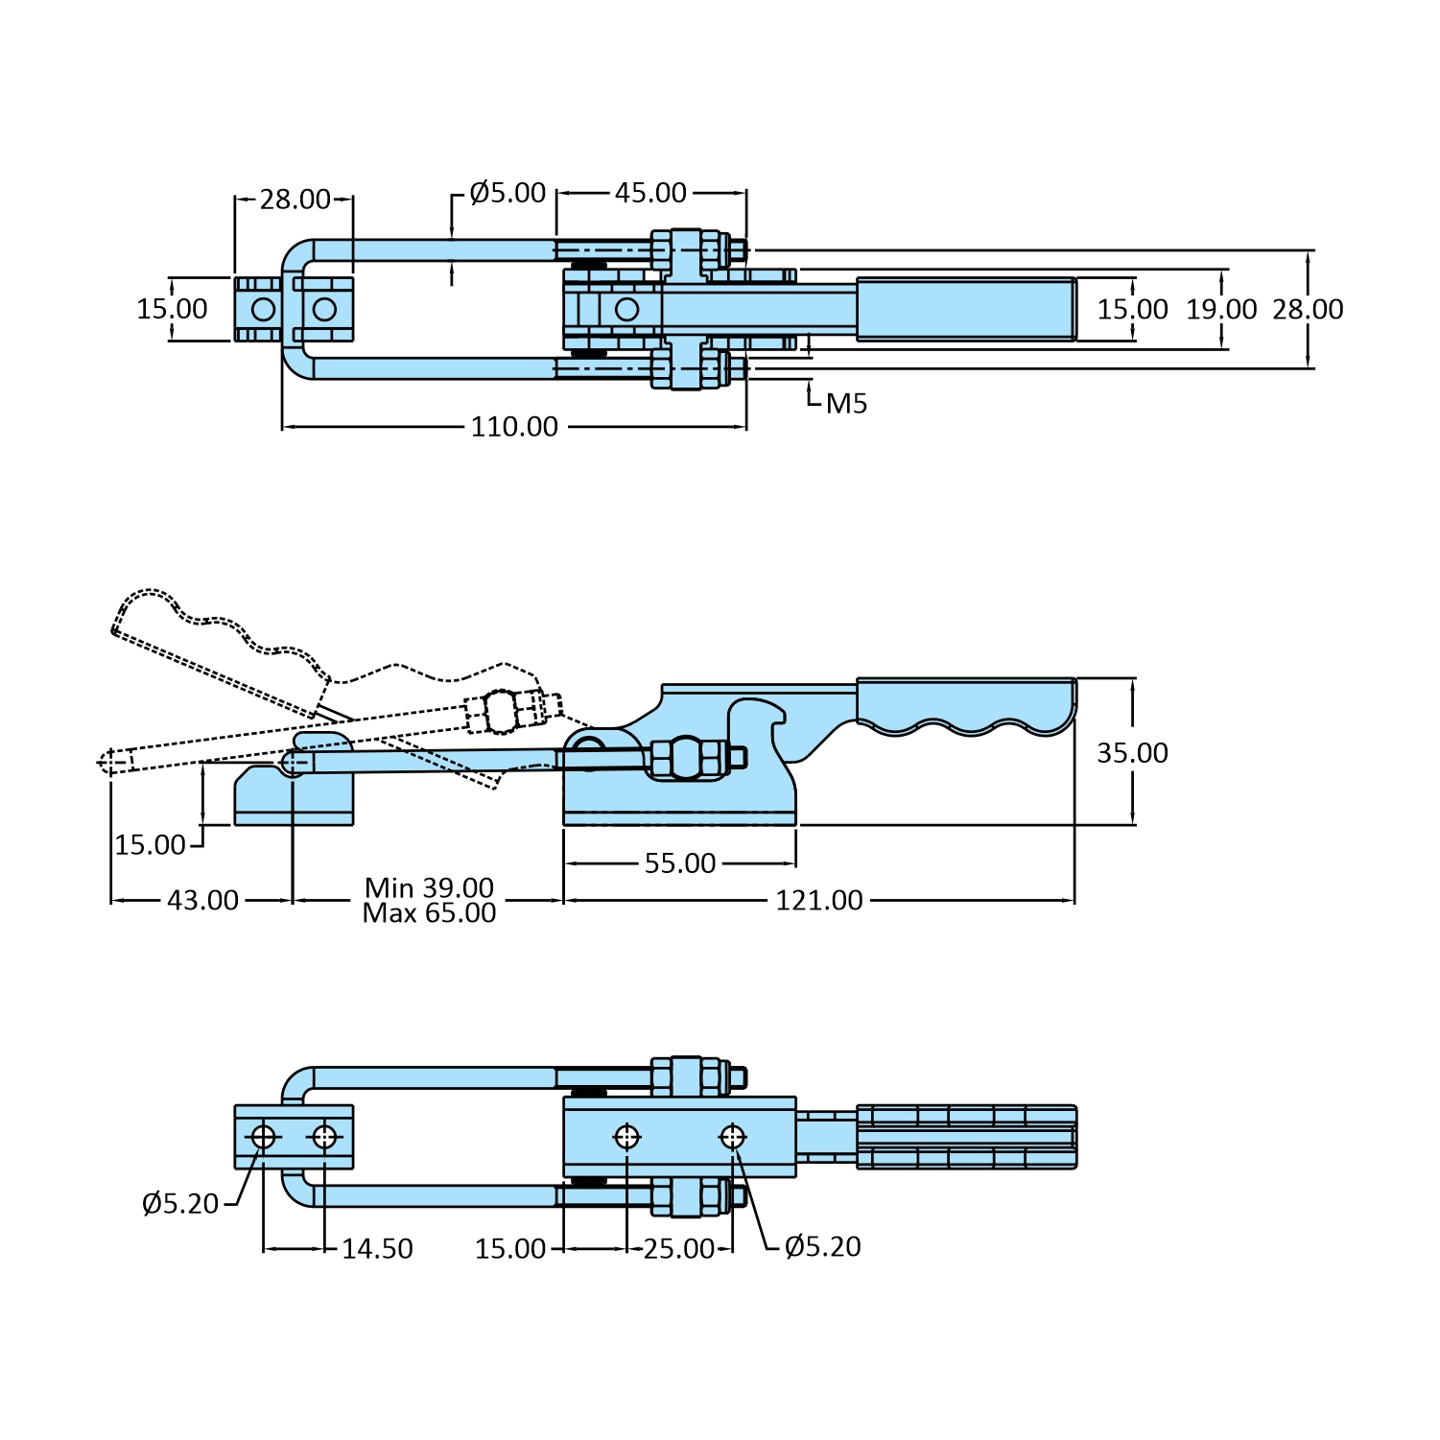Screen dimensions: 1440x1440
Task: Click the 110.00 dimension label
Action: [514, 427]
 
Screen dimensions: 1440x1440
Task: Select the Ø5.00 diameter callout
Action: [508, 193]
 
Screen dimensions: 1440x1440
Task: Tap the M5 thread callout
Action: [846, 404]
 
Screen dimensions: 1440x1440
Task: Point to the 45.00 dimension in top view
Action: [650, 193]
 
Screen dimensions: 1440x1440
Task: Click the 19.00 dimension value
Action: [1221, 310]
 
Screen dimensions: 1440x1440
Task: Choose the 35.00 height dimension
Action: [1132, 753]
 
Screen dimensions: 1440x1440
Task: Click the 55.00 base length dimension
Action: [680, 863]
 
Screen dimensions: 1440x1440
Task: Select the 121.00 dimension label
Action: [819, 901]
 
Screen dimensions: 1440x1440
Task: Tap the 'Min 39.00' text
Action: [429, 887]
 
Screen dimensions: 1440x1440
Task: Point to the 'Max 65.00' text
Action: [429, 913]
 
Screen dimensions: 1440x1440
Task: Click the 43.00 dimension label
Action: [202, 901]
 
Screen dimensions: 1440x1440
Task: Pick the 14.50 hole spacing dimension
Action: [377, 1249]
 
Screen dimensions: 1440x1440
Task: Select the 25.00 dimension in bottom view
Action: [678, 1249]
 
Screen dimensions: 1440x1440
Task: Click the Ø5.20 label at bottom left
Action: [180, 1203]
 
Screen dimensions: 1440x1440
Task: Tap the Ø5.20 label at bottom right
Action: [822, 1247]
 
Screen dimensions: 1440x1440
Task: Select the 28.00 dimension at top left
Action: [295, 200]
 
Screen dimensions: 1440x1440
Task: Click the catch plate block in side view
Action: [294, 796]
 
